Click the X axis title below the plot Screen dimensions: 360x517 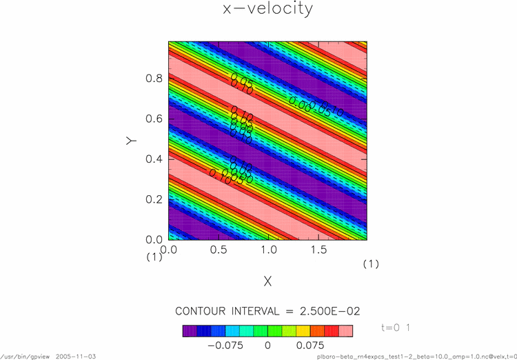[267, 281]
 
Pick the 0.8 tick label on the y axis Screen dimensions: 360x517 [154, 79]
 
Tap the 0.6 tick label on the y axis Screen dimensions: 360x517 [154, 119]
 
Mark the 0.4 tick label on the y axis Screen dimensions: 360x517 [154, 159]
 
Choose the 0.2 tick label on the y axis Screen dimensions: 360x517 [154, 199]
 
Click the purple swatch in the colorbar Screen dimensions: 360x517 [189, 330]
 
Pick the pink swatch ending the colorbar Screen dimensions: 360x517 [346, 330]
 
